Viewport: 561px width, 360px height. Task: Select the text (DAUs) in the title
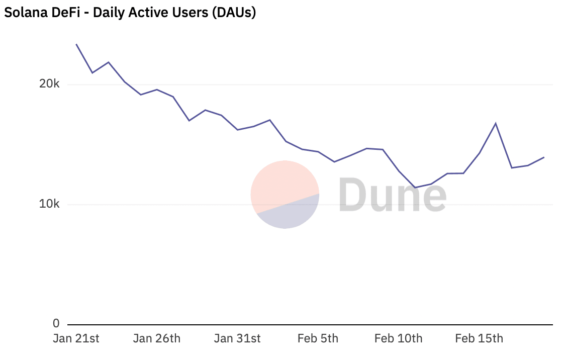pos(234,13)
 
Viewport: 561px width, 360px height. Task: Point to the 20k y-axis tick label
pos(49,84)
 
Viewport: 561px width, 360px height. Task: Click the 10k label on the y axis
pos(49,205)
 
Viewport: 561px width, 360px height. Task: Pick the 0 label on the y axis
pos(56,323)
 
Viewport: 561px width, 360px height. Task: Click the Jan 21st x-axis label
pos(76,338)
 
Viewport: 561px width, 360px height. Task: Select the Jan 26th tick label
pos(156,338)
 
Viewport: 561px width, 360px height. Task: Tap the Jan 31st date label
pos(237,338)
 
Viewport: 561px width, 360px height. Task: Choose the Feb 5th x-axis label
pos(318,338)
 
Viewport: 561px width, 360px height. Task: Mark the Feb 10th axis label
pos(398,338)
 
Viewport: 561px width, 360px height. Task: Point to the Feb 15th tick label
pos(479,338)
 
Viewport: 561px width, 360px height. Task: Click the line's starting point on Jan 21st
pos(76,44)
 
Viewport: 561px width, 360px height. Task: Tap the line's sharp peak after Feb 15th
pos(496,123)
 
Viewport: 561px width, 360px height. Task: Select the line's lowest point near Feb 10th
pos(415,188)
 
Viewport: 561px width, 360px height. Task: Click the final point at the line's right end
pos(544,157)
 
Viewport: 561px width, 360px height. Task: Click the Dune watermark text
pos(392,195)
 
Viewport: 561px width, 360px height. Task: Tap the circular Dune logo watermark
pos(285,195)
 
